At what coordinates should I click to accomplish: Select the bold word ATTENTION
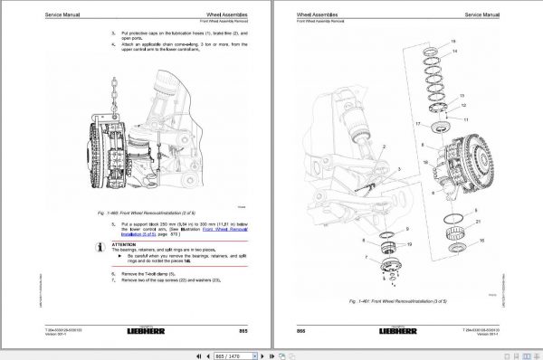click(x=124, y=243)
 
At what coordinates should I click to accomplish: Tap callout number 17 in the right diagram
click(x=417, y=122)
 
